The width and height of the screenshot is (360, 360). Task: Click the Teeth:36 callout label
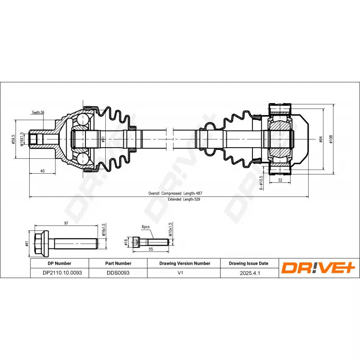click(38, 112)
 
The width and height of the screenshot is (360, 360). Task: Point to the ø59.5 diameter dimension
click(13, 139)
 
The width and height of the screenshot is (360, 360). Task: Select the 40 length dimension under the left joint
click(42, 171)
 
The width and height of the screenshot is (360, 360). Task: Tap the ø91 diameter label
click(103, 139)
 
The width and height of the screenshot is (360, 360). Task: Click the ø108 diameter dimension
click(331, 139)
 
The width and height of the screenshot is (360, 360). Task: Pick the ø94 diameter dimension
click(321, 139)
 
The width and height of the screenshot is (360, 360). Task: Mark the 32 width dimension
click(280, 180)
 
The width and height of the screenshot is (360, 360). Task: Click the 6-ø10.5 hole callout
click(261, 183)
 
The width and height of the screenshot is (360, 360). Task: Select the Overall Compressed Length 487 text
click(175, 193)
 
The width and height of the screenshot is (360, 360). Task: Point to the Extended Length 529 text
click(184, 199)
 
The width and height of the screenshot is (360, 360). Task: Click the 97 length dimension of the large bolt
click(66, 223)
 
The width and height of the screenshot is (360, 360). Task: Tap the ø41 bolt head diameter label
click(27, 243)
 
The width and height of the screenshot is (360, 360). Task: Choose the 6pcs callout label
click(145, 227)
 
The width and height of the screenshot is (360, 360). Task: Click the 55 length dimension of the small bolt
click(151, 249)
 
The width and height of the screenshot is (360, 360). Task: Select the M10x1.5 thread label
click(170, 229)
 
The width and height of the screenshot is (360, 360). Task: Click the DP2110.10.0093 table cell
click(62, 273)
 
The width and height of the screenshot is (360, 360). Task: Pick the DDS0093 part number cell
click(118, 273)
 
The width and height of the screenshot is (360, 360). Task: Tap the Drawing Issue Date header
click(249, 263)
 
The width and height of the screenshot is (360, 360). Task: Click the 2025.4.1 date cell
click(250, 273)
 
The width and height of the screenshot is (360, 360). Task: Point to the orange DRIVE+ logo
click(318, 267)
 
